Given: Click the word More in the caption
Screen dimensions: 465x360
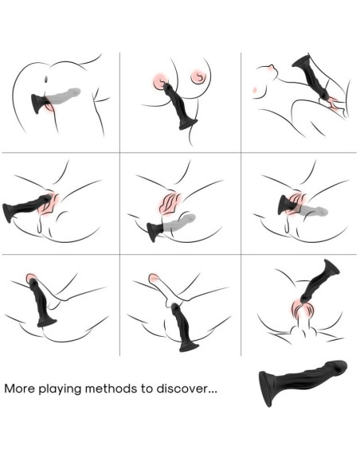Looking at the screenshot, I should click(x=21, y=390).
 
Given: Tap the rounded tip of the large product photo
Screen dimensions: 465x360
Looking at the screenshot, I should click(x=341, y=369).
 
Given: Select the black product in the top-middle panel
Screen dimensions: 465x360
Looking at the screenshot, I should click(x=182, y=110).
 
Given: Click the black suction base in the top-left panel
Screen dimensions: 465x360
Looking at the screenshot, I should click(x=37, y=103).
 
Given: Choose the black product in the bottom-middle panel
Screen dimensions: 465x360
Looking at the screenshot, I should click(x=185, y=326).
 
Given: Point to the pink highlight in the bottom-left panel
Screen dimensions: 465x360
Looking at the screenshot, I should click(x=33, y=278).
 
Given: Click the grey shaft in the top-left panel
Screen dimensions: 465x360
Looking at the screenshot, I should click(x=67, y=96).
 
